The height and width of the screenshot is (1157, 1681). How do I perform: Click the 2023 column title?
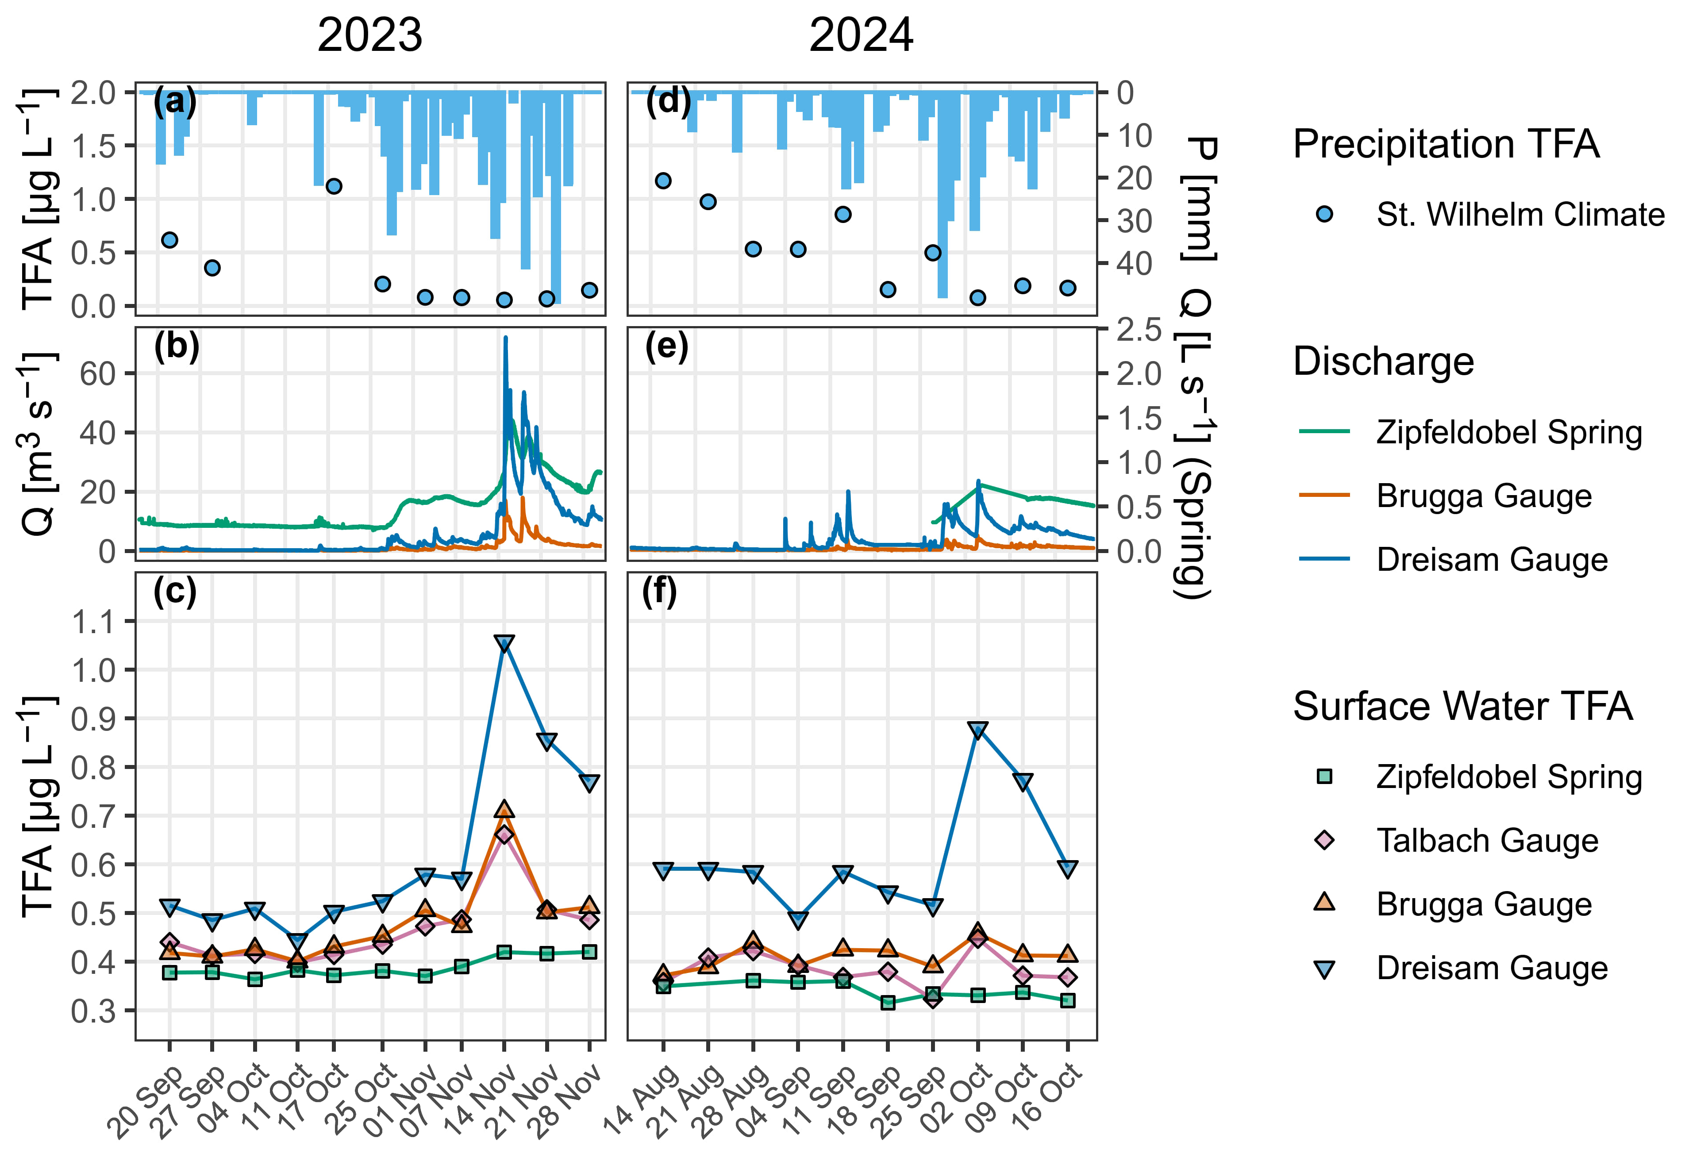click(369, 35)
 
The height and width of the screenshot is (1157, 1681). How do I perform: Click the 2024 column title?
click(861, 35)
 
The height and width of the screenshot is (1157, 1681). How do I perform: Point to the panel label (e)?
click(665, 347)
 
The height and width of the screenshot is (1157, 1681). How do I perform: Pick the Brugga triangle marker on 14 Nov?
click(504, 810)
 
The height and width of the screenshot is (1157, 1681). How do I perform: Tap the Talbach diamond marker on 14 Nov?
click(504, 834)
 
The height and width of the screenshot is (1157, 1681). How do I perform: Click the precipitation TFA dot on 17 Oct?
click(334, 186)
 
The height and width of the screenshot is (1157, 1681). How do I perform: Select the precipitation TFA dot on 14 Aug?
click(662, 181)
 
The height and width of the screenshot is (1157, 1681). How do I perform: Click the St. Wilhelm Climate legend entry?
click(1520, 215)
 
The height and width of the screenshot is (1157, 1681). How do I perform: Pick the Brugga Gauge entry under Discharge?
click(1483, 496)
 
